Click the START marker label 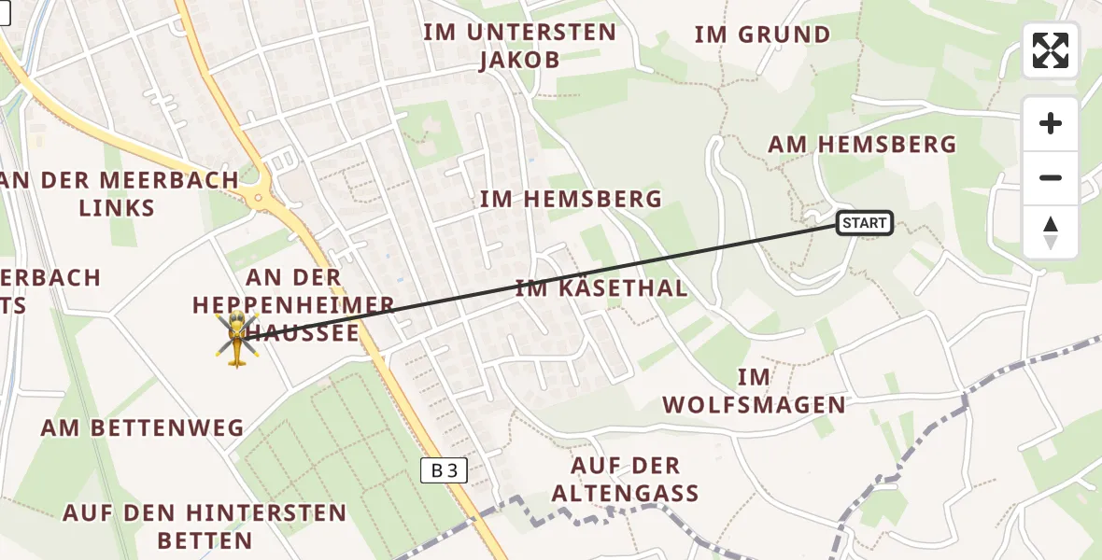click(x=864, y=223)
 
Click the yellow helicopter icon click(x=237, y=340)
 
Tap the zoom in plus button click(x=1051, y=123)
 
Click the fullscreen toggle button click(x=1051, y=50)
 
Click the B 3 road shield click(x=444, y=471)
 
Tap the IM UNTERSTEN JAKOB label click(x=519, y=47)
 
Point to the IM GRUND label click(x=762, y=35)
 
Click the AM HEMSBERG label click(x=862, y=145)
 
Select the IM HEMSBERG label click(x=571, y=199)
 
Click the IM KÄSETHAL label click(x=601, y=288)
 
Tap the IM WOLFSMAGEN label click(x=754, y=391)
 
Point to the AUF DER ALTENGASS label click(x=626, y=479)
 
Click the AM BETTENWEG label click(x=142, y=428)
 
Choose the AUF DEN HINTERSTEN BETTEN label click(x=205, y=526)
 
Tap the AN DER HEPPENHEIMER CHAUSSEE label click(x=293, y=304)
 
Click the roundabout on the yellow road click(x=259, y=194)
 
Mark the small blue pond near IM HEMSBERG click(x=531, y=159)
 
